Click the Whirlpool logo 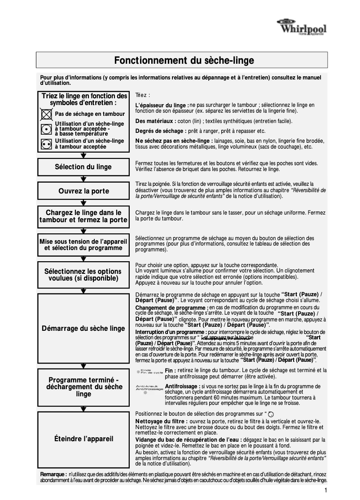(302, 27)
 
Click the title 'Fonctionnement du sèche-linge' (184, 61)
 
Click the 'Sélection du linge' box (83, 167)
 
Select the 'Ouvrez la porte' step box (83, 191)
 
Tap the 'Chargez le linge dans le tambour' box (83, 216)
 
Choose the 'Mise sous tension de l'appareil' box (83, 245)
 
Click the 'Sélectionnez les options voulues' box (83, 275)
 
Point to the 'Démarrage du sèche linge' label (83, 328)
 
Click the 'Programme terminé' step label (83, 387)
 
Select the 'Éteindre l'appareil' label (83, 439)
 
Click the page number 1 (325, 490)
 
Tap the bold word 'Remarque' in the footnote (53, 474)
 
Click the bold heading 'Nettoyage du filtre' (161, 421)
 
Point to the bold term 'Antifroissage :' (182, 386)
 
